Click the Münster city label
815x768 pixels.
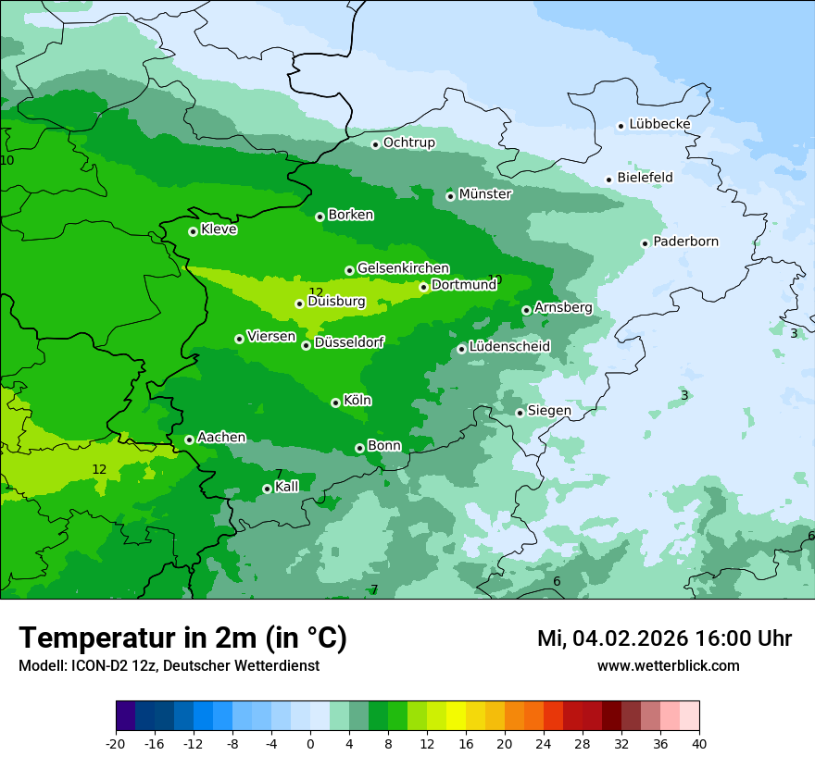click(x=484, y=194)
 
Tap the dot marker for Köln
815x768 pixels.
click(x=335, y=403)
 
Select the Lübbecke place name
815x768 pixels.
click(x=659, y=124)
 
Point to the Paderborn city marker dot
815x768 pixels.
click(x=645, y=243)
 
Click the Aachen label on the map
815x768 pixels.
click(x=221, y=438)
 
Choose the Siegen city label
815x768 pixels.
click(x=549, y=411)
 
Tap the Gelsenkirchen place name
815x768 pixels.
click(x=403, y=268)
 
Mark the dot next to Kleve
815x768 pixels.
click(x=193, y=231)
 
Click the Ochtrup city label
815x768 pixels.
click(x=408, y=142)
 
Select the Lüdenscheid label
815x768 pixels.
click(x=509, y=347)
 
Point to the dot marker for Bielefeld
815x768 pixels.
click(x=608, y=180)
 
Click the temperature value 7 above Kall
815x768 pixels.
click(x=279, y=474)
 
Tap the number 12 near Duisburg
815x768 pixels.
click(x=316, y=292)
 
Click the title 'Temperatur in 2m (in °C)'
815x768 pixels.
click(x=182, y=638)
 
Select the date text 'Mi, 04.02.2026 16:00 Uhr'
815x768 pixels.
click(x=664, y=638)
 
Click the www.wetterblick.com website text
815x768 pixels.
click(x=668, y=666)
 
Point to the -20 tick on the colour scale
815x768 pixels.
click(x=116, y=743)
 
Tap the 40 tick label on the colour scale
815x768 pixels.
click(x=699, y=743)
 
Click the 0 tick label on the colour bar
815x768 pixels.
click(x=310, y=743)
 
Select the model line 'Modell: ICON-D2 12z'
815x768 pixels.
click(x=90, y=666)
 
